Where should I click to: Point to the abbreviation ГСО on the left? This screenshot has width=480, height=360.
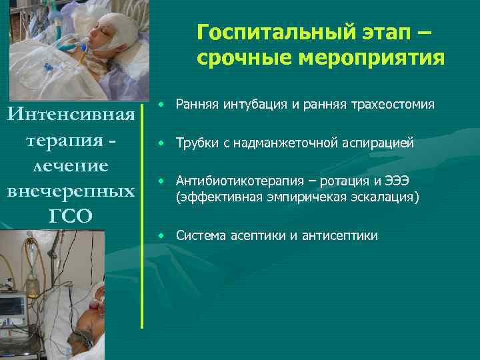71,214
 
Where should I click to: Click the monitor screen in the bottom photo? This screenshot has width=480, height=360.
13,307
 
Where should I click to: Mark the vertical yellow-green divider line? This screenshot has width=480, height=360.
142,213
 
